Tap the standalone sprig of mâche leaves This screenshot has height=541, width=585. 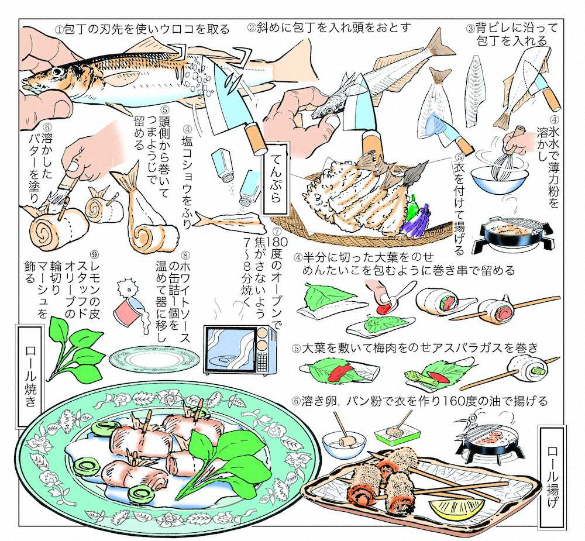[70, 345]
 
